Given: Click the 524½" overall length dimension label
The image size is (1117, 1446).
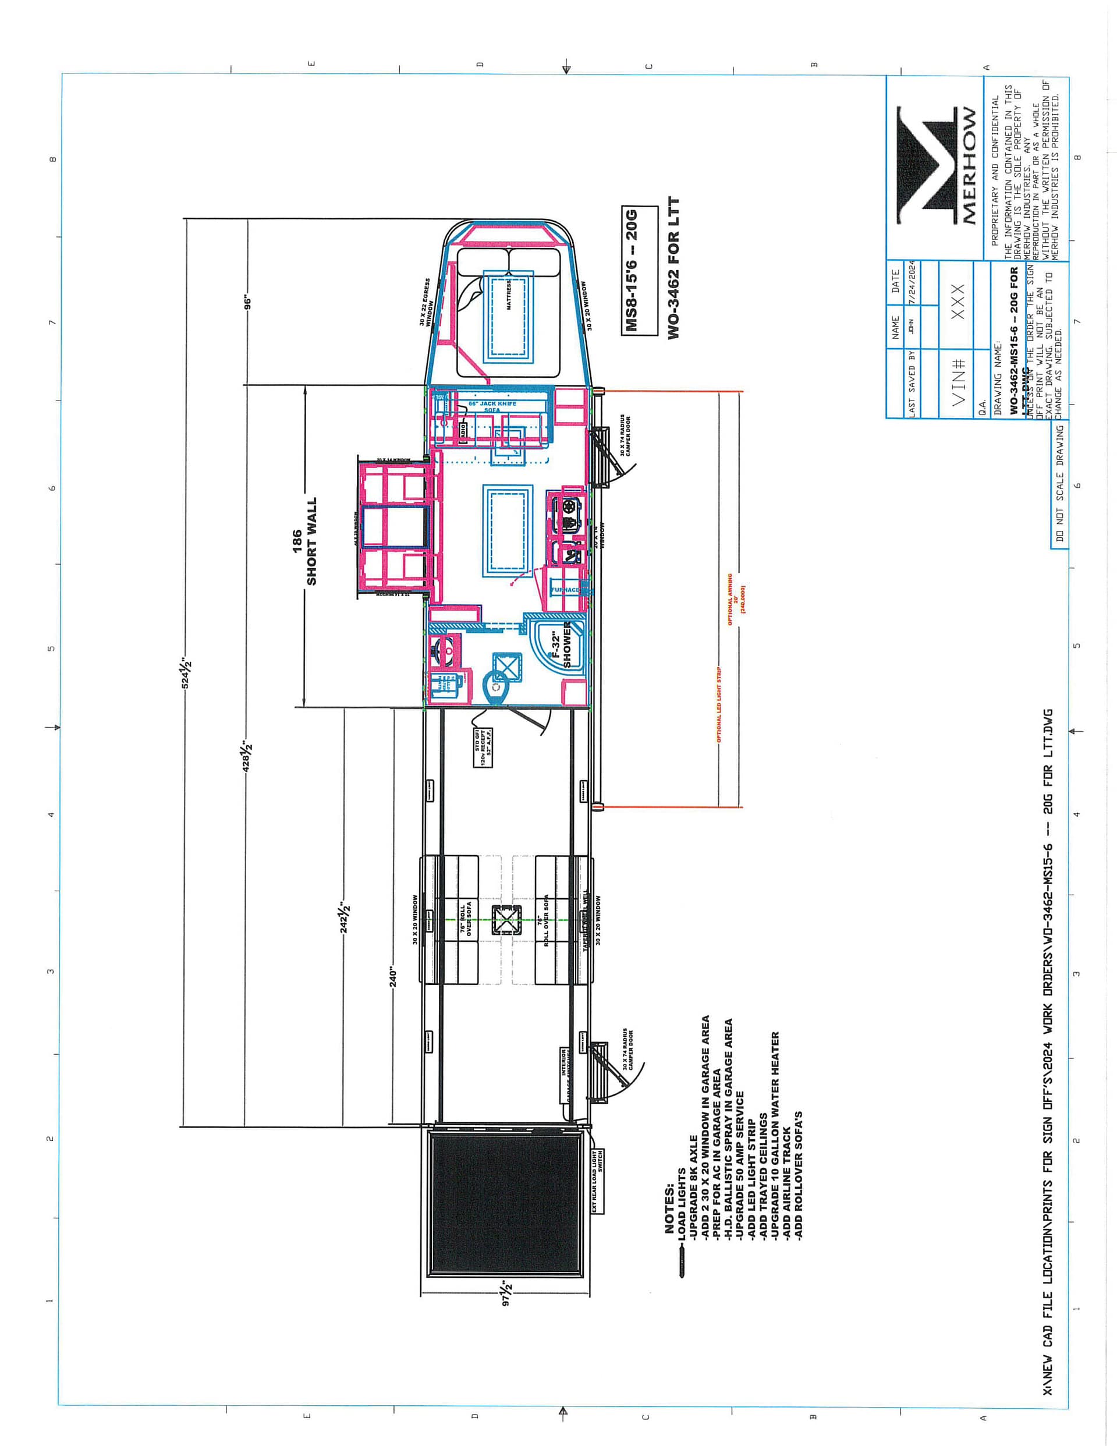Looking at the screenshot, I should coord(186,672).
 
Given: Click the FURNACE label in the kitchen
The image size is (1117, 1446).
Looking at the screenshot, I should coord(565,589).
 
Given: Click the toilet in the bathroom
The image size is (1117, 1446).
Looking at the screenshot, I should coord(496,689).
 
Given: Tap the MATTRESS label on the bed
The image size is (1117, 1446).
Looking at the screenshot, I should coord(509,294).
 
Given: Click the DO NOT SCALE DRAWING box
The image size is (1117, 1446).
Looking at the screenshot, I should coord(1059,484).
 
